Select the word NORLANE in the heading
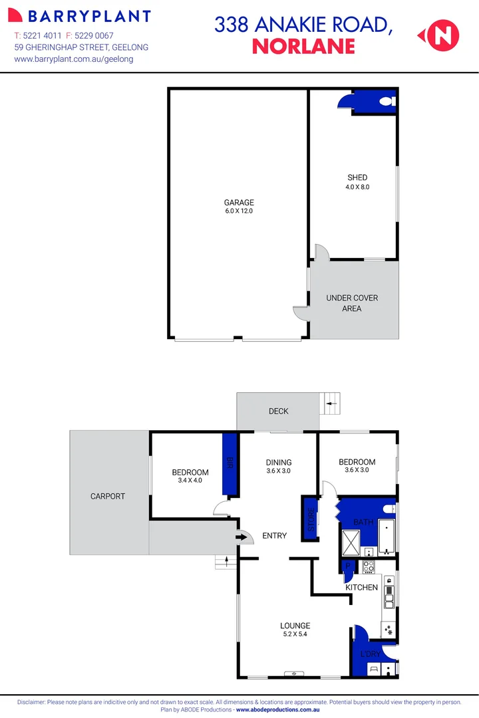click(x=303, y=46)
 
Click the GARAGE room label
click(x=238, y=203)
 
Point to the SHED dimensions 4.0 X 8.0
click(x=357, y=187)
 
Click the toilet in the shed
click(x=387, y=102)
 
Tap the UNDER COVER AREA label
click(x=352, y=303)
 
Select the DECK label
click(x=279, y=411)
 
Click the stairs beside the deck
click(x=330, y=403)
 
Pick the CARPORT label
click(x=108, y=496)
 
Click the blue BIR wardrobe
click(x=230, y=465)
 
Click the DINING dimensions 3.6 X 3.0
click(x=279, y=471)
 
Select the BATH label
click(x=363, y=522)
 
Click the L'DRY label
click(x=370, y=654)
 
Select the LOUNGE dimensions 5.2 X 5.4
click(x=295, y=634)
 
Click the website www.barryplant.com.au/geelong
click(x=74, y=59)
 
